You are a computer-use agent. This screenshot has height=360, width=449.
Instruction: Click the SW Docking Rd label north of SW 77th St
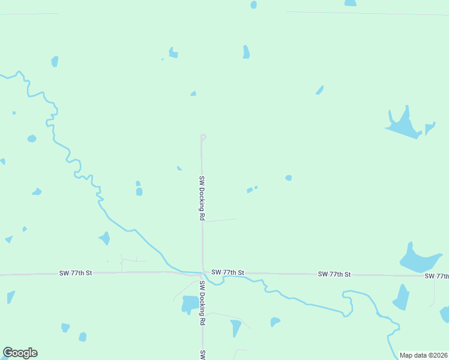point(202,198)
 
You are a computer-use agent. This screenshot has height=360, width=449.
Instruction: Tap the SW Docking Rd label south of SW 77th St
point(202,304)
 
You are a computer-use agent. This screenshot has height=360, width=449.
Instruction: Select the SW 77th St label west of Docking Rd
point(76,273)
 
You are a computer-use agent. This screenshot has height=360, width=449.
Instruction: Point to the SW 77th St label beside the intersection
point(228,272)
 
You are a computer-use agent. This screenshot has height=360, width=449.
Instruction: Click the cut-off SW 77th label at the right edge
point(436,276)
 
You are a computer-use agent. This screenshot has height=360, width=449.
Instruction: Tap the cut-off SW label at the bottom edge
point(203,355)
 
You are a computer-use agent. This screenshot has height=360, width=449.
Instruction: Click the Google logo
point(20,353)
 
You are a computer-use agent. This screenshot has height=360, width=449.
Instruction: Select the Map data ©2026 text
point(423,355)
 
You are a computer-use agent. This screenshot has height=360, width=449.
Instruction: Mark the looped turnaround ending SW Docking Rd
point(203,137)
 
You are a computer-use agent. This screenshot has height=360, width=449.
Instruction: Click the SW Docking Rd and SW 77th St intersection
point(202,273)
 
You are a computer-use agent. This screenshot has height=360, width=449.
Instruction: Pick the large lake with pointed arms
point(403,125)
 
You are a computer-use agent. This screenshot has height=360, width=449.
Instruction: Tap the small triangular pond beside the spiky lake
point(429,128)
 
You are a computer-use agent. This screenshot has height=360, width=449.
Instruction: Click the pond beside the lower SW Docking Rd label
point(190,304)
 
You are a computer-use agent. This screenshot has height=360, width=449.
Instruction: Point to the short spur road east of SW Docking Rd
point(220,220)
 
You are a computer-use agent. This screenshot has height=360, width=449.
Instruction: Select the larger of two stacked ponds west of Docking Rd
point(139,192)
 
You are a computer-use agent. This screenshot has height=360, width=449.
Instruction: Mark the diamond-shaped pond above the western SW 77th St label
point(104,239)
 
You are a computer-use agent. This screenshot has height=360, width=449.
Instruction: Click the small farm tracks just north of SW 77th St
point(128,262)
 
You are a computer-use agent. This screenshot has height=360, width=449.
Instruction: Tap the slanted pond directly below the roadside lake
point(400,297)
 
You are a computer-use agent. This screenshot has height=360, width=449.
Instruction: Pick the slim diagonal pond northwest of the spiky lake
point(320,90)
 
